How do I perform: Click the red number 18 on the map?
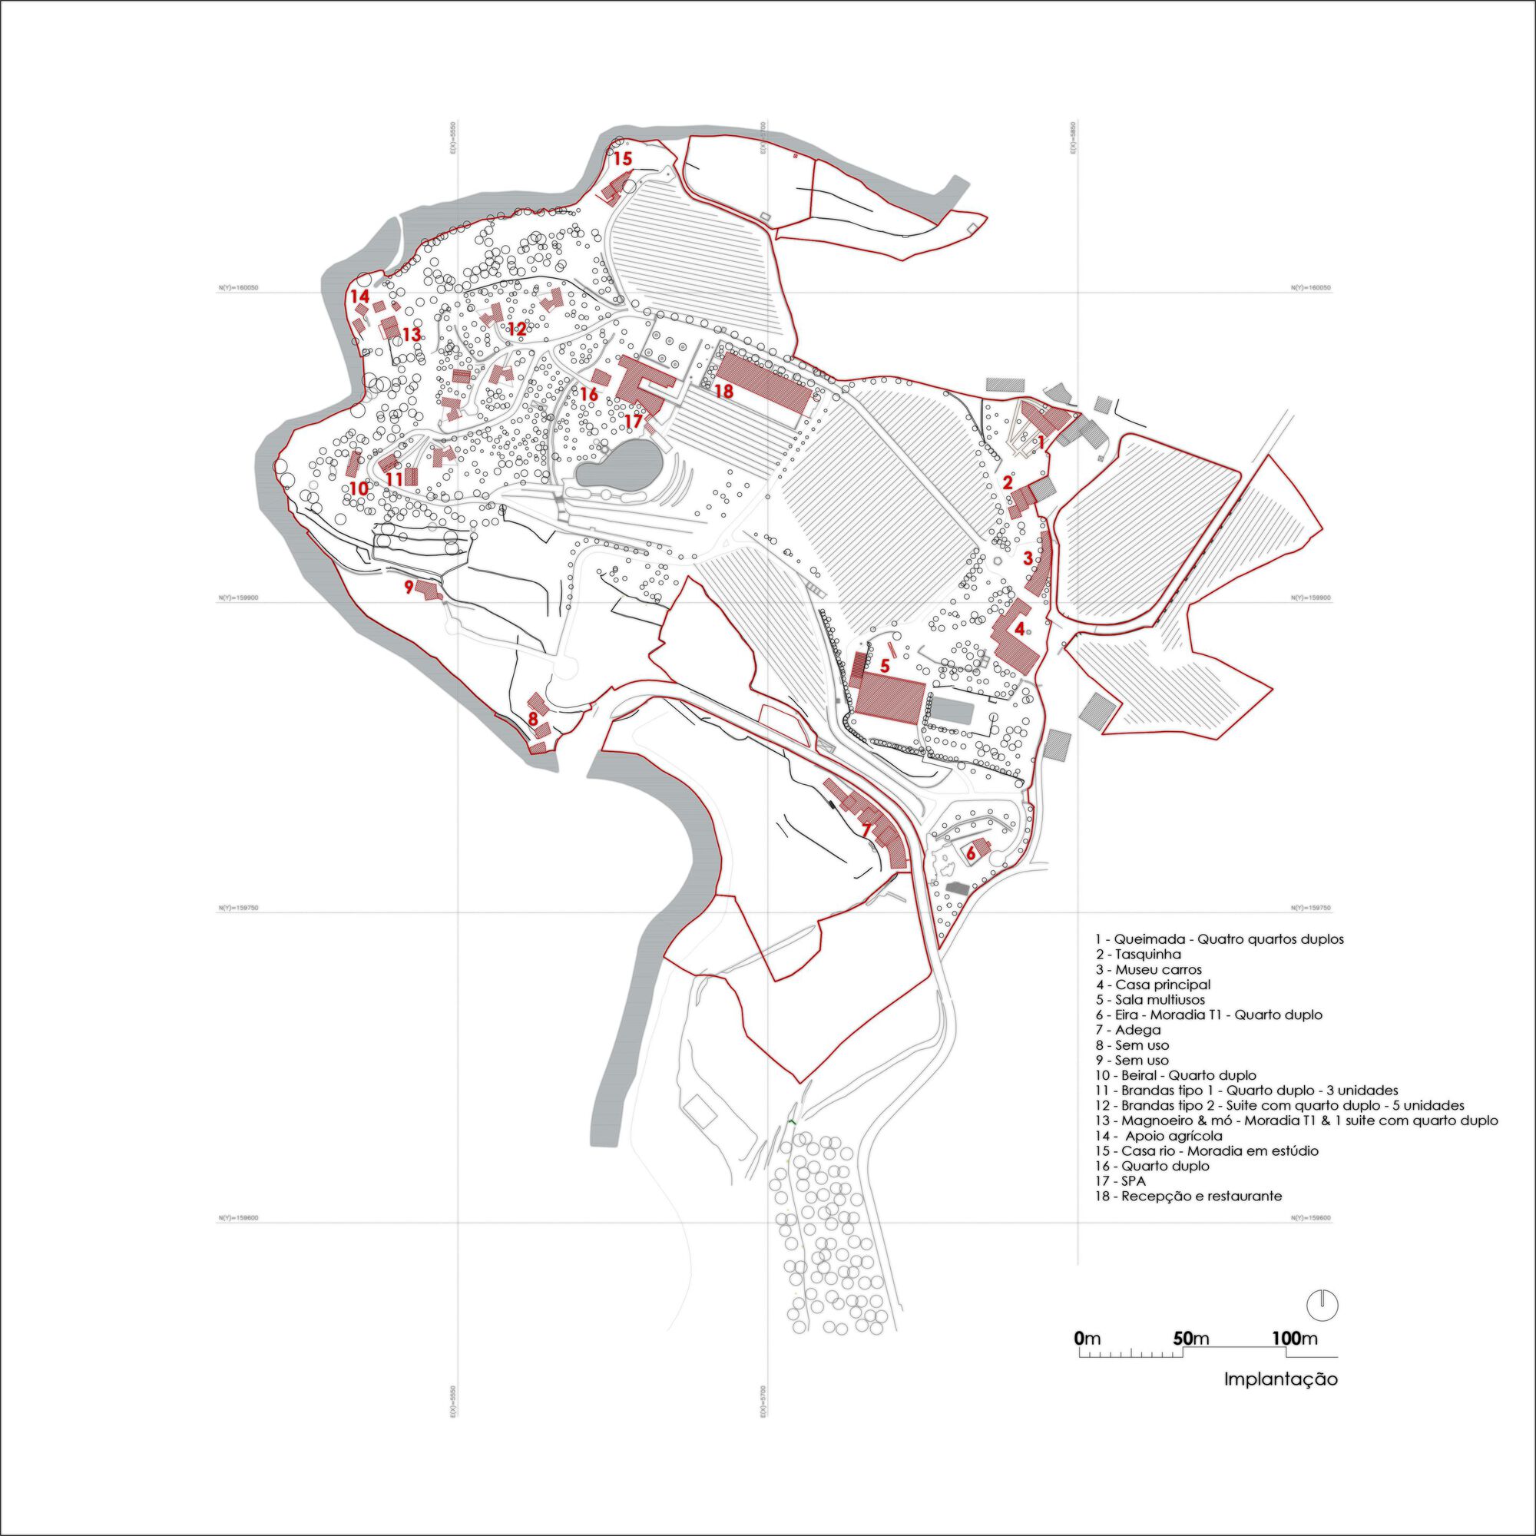(723, 390)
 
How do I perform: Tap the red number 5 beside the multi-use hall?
(884, 664)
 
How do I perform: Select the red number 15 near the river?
(623, 159)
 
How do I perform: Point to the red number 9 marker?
(409, 587)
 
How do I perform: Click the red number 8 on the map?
(533, 719)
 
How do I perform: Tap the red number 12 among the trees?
(517, 329)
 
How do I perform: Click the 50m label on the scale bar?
(1190, 1338)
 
